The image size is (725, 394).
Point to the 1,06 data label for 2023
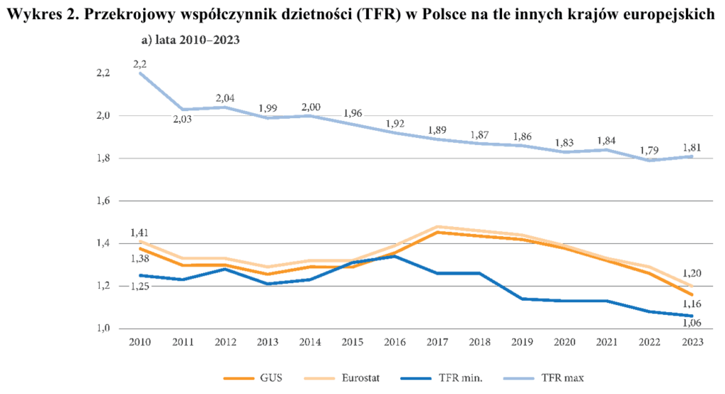(x=692, y=323)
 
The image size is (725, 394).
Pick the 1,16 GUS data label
(x=692, y=303)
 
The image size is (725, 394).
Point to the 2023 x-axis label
(x=692, y=343)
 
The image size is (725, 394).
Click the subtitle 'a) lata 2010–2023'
(x=190, y=40)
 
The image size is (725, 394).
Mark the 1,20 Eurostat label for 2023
(x=692, y=273)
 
